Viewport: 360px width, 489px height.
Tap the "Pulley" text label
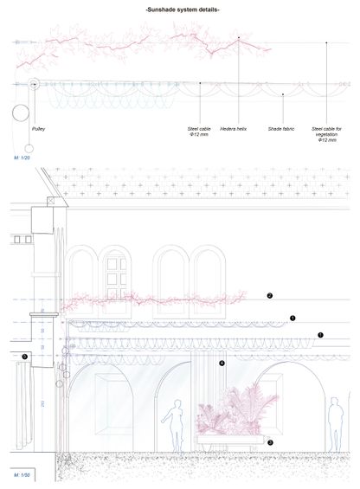pyautogui.click(x=38, y=127)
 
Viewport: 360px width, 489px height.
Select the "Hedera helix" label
pyautogui.click(x=234, y=128)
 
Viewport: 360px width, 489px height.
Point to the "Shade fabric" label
pyautogui.click(x=281, y=128)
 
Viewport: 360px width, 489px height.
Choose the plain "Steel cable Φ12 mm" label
pyautogui.click(x=199, y=132)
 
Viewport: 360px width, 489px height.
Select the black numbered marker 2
pyautogui.click(x=270, y=296)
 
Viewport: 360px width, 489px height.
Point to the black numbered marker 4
pyautogui.click(x=222, y=364)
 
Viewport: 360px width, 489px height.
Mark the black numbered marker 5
pyautogui.click(x=24, y=356)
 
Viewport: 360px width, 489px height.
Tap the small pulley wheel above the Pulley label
pyautogui.click(x=34, y=85)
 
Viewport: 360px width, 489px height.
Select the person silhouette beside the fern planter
pyautogui.click(x=177, y=424)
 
